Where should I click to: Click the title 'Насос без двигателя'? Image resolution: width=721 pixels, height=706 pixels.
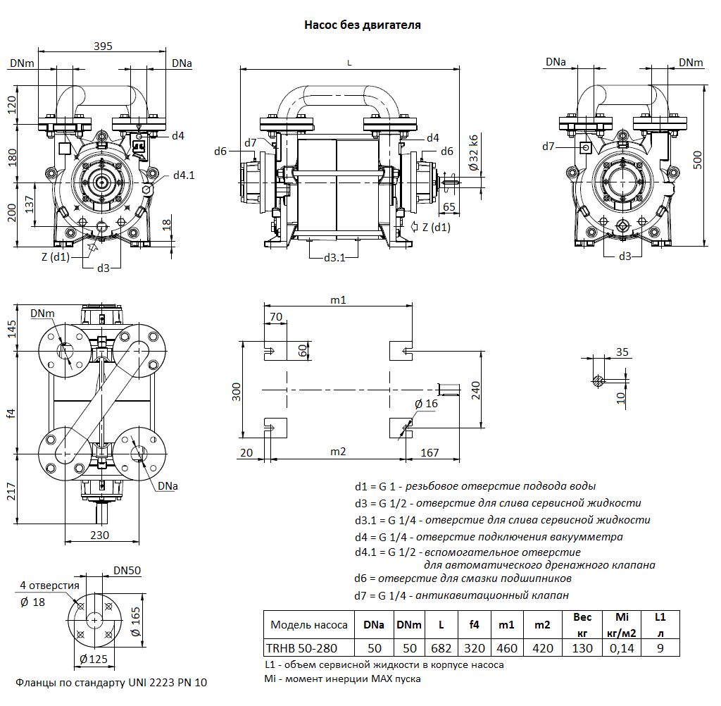coord(362,25)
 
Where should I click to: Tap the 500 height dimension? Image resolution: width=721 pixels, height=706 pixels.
coord(696,160)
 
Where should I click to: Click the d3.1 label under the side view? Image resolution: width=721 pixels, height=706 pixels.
coord(334,258)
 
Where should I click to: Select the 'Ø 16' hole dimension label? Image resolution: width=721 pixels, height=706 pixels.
coord(426,403)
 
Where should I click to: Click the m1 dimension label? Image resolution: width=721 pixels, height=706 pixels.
coord(339,299)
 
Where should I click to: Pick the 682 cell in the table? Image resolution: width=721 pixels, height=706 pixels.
coord(441,648)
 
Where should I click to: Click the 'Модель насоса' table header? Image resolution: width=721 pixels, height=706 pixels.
coord(309,624)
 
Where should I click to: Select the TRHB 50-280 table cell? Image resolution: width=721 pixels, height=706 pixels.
coord(301,648)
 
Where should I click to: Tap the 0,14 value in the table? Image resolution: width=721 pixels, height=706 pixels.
coord(622,648)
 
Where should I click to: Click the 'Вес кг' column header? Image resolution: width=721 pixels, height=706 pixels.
coord(582,624)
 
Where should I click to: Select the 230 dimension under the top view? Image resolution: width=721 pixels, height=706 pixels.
coord(100,535)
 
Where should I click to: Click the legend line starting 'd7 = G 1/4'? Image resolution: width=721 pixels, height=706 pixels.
coord(462,595)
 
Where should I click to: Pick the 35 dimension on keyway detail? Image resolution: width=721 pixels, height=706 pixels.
coord(622,351)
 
